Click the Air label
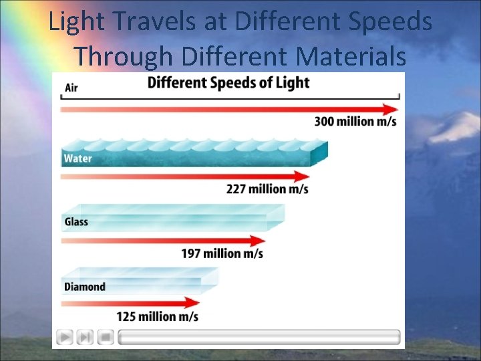70,87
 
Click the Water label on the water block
77,159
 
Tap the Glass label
76,222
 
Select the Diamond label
85,287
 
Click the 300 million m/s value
355,121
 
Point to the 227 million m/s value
267,189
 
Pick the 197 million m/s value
222,253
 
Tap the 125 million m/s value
157,316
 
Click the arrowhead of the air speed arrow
391,109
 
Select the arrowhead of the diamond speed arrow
194,303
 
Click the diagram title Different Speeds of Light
228,83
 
